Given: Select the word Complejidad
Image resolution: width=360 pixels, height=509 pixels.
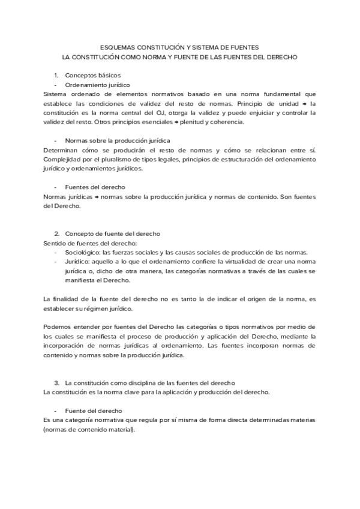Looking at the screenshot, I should pos(64,159).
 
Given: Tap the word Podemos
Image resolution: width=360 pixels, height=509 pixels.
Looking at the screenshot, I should pos(58,327).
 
